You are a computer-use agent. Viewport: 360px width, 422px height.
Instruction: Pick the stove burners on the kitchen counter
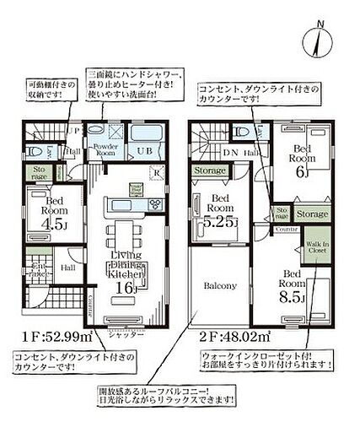coord(154,207)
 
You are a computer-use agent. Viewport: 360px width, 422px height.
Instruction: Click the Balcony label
coord(219,286)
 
